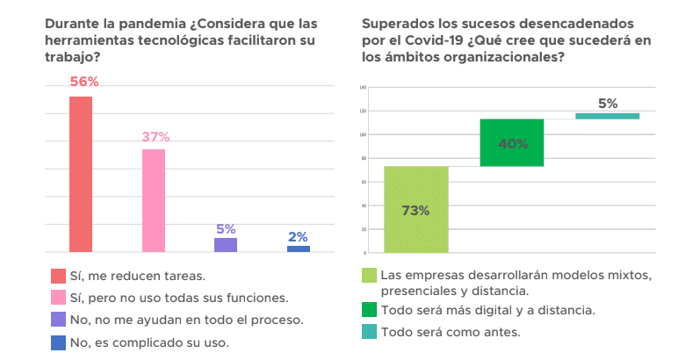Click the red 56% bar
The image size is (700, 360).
81,174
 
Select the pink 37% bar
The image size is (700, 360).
154,200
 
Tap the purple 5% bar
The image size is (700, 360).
226,245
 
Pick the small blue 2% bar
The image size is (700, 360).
298,248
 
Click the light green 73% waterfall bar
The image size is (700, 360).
415,209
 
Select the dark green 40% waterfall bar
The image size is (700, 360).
511,142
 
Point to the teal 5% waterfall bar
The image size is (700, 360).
607,116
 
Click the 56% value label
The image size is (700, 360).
84,82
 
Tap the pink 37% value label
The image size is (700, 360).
155,137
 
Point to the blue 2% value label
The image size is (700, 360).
298,236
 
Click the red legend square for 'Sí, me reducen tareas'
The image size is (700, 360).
58,276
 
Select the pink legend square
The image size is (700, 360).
58,297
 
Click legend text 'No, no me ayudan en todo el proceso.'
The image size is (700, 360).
186,320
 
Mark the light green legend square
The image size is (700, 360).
369,276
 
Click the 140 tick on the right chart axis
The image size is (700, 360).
362,88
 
